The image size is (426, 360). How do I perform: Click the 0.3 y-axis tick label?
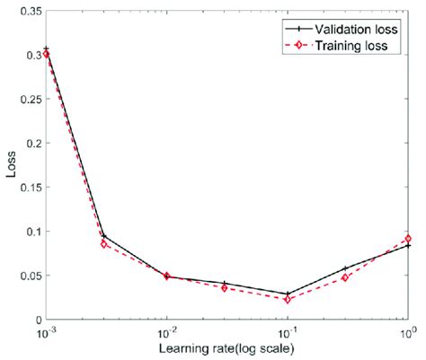click(31, 55)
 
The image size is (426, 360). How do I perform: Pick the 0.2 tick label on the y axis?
click(31, 143)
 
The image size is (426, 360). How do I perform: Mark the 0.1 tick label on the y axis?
click(31, 231)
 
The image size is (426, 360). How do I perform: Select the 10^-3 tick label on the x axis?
click(46, 333)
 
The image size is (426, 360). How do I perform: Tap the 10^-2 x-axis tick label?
click(167, 333)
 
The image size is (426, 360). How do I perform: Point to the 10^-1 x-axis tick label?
click(288, 333)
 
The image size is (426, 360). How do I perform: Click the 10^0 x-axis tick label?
click(407, 333)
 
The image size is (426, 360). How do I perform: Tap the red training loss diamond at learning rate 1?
click(409, 238)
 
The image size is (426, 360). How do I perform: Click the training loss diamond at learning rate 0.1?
click(288, 299)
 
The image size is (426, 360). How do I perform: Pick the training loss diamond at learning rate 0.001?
click(46, 54)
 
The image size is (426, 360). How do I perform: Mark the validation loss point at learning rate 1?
click(409, 245)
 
